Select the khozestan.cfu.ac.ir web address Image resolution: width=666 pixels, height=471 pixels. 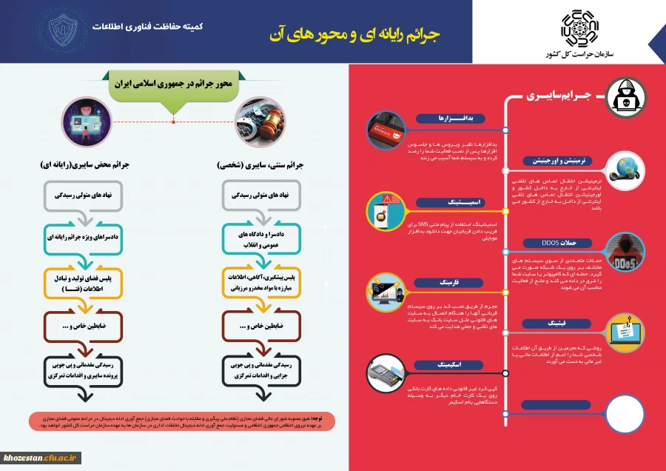40,458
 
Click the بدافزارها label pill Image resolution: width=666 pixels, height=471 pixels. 450,118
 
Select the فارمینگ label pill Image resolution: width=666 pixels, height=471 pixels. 450,282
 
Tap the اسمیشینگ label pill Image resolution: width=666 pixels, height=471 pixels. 450,201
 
